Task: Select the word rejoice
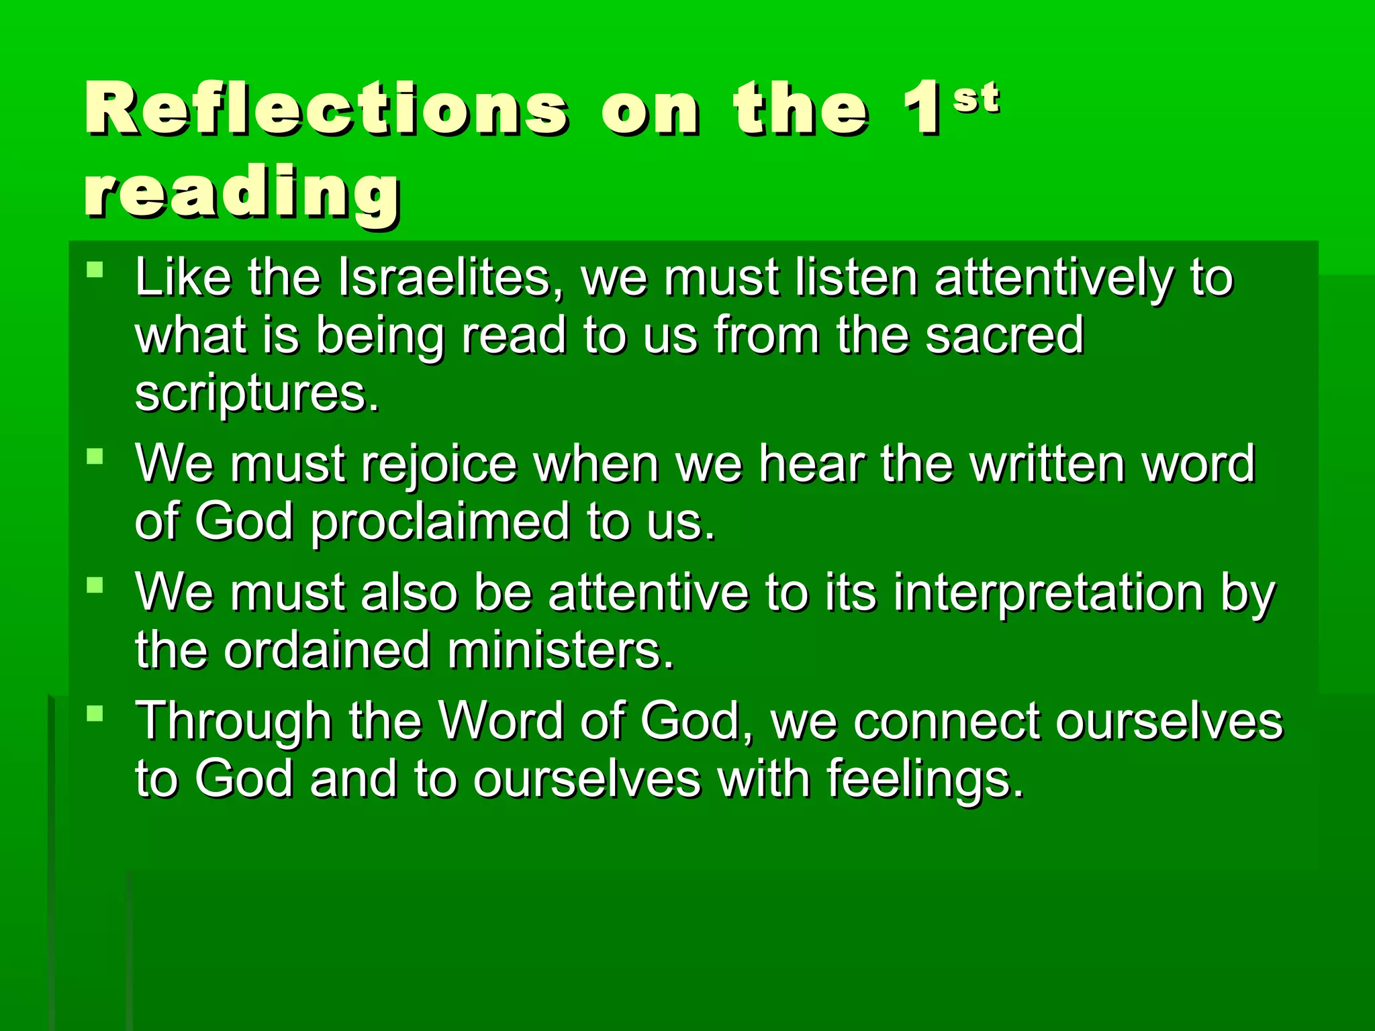pyautogui.click(x=440, y=464)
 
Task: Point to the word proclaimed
pyautogui.click(x=440, y=522)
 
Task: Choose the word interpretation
pyautogui.click(x=1049, y=593)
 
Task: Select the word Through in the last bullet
pyautogui.click(x=233, y=722)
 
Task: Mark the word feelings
pyautogui.click(x=925, y=779)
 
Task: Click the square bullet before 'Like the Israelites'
pyautogui.click(x=95, y=271)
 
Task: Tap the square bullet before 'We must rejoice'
pyautogui.click(x=95, y=457)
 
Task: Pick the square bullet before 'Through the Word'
pyautogui.click(x=95, y=713)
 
